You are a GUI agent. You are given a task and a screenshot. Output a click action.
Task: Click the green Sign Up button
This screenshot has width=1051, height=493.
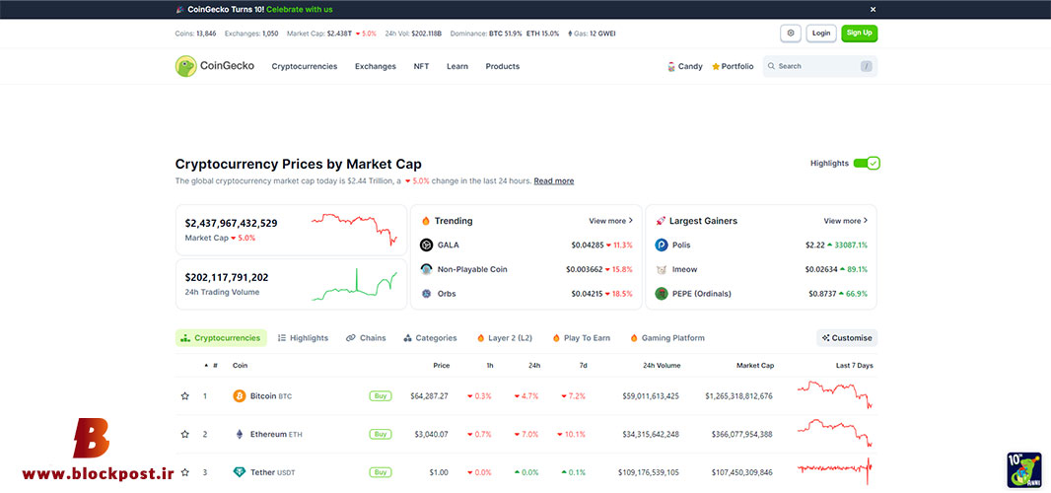860,33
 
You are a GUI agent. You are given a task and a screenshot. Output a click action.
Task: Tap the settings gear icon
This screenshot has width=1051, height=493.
791,33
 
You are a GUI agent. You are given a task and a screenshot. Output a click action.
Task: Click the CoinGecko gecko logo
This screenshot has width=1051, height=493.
185,66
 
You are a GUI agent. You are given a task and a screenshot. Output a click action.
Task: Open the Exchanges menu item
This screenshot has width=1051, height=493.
376,66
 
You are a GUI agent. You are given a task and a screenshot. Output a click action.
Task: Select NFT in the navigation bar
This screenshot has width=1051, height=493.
422,66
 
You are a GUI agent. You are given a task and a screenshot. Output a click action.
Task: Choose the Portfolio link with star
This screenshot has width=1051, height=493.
733,66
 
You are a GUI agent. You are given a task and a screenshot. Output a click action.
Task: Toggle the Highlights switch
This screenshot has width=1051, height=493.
867,163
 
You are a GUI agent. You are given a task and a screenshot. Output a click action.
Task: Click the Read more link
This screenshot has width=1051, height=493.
554,181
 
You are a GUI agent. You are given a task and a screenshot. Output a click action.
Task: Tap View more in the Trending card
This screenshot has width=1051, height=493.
610,221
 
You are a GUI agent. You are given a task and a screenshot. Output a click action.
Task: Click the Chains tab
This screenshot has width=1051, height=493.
366,338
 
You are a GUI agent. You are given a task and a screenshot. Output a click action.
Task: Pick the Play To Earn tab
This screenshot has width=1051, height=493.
581,338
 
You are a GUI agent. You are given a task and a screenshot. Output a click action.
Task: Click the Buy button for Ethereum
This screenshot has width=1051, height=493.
380,434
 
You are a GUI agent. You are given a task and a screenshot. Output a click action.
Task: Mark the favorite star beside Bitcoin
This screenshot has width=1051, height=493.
185,396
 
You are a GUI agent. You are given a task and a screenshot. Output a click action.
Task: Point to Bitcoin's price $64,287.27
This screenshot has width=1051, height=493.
429,396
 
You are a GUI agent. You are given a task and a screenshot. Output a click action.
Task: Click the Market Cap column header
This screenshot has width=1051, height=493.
755,366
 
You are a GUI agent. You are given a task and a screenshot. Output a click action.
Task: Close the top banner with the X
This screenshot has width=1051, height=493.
873,10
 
